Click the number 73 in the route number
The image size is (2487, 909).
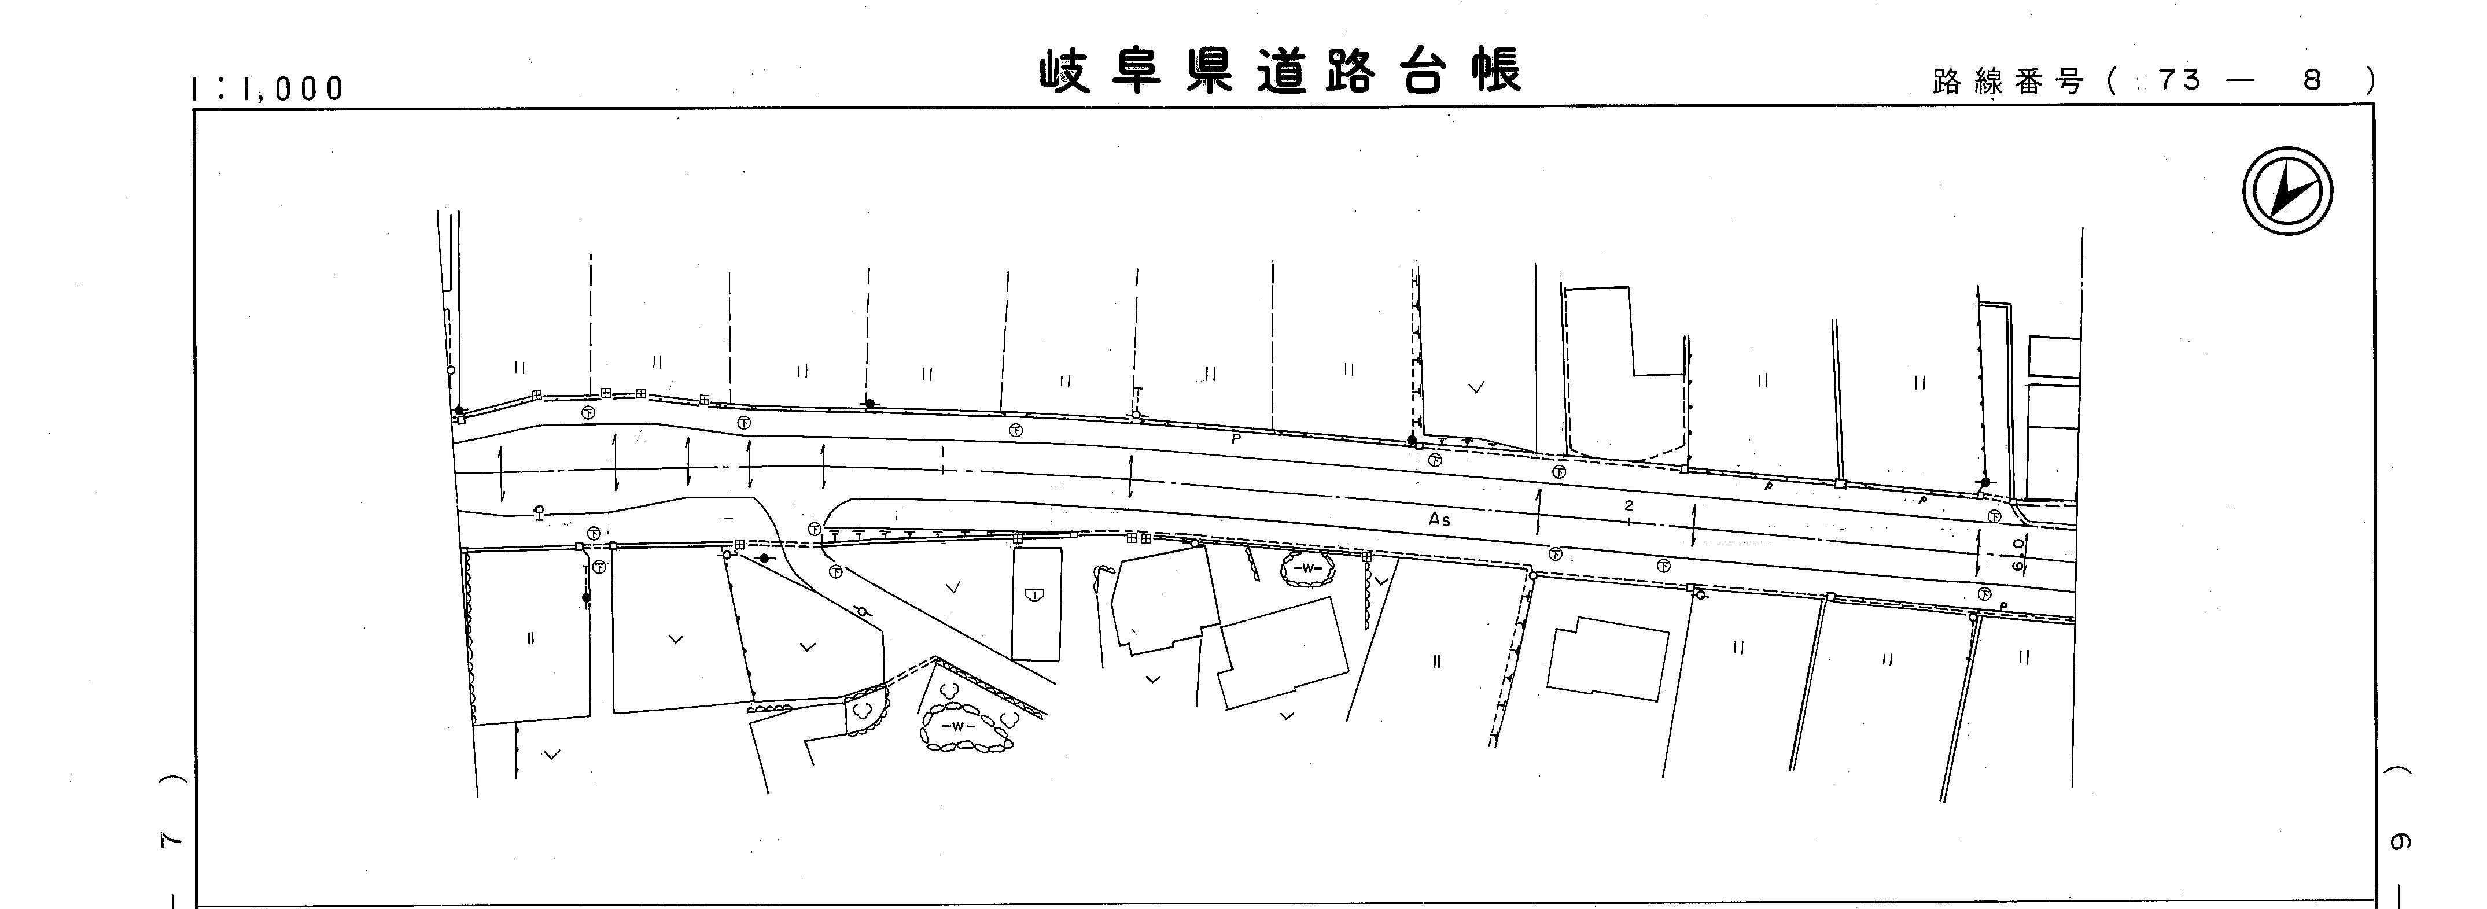coord(2180,81)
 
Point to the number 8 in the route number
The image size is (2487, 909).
coord(2311,81)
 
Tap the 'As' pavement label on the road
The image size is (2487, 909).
coord(1439,519)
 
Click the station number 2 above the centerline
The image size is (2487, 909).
coord(1628,505)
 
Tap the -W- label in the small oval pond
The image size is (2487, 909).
coord(1307,568)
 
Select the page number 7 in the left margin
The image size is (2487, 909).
coord(170,841)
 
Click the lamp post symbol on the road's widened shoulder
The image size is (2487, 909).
coord(539,511)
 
